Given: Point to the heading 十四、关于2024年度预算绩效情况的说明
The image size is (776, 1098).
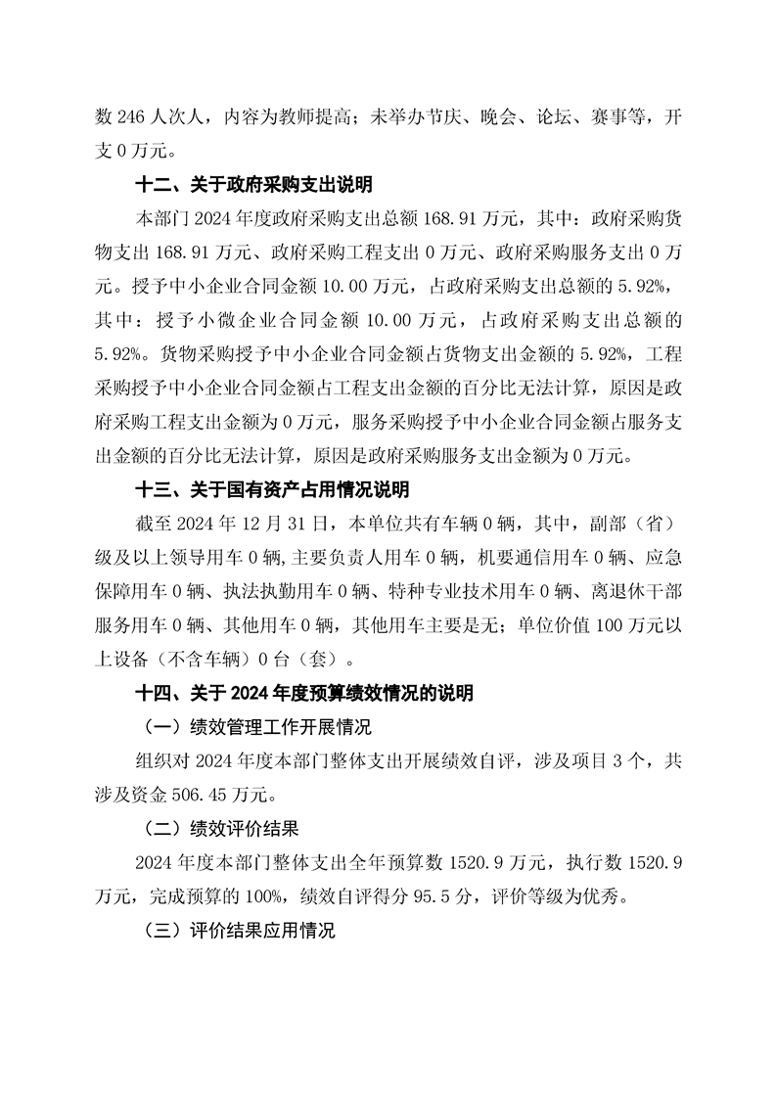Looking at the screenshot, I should tap(303, 694).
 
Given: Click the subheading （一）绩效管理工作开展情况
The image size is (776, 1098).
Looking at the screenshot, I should tap(257, 728).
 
